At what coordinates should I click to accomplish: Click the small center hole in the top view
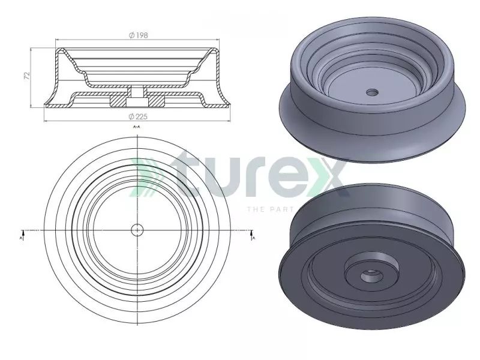point(137,229)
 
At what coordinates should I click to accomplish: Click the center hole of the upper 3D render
point(373,92)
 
